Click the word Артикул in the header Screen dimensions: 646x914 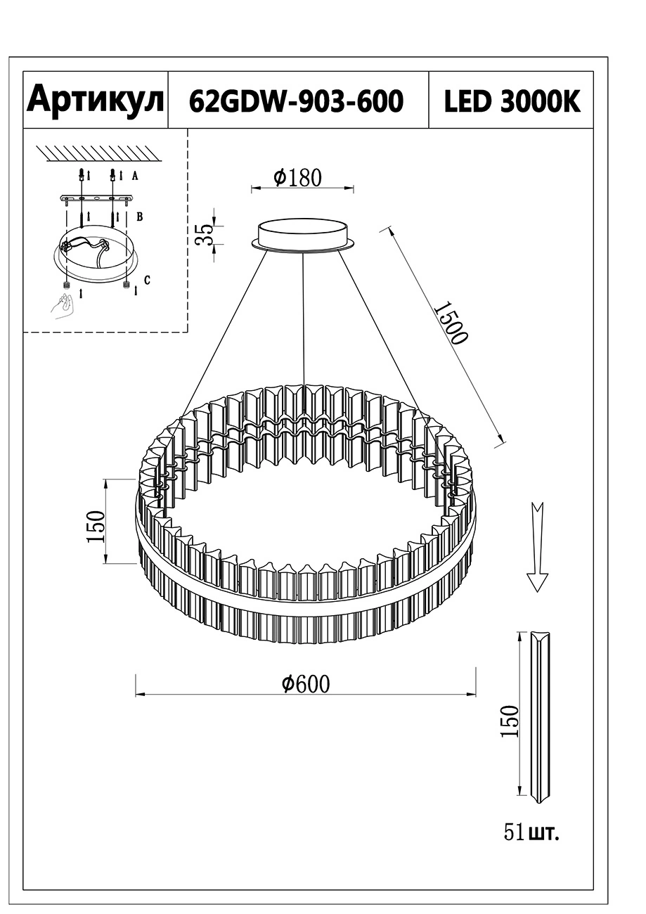tap(96, 100)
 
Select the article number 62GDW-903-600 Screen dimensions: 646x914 tap(297, 101)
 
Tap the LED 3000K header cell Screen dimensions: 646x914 tap(512, 101)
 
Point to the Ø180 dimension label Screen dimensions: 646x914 tap(298, 177)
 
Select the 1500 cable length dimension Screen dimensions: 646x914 tap(451, 323)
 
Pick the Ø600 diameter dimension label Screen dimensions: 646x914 tap(306, 683)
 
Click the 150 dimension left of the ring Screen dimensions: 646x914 tap(96, 527)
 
